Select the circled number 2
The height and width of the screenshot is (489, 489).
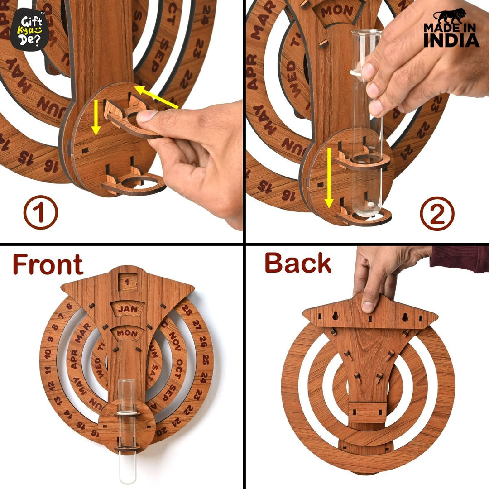(437, 213)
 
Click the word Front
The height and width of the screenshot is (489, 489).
(48, 264)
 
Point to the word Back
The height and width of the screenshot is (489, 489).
(297, 264)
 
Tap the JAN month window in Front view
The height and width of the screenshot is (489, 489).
(127, 309)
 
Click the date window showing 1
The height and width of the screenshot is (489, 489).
(127, 282)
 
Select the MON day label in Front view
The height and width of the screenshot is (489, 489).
(127, 333)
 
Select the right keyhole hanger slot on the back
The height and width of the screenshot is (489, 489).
(405, 317)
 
